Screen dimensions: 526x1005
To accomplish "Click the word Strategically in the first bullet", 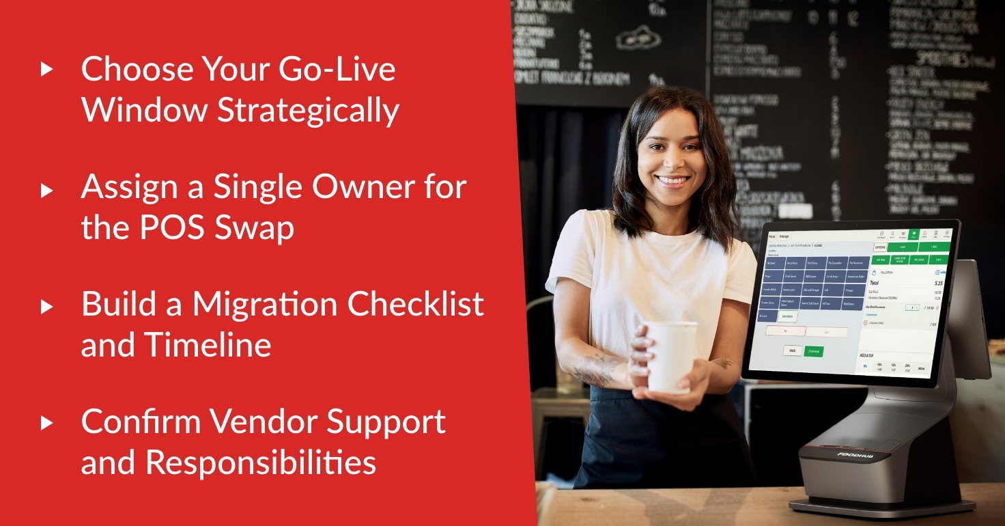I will pos(308,111).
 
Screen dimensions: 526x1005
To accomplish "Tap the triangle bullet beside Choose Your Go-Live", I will pos(46,68).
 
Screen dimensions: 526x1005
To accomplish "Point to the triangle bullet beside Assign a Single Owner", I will pos(46,189).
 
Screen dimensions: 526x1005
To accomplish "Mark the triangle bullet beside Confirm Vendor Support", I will pos(46,423).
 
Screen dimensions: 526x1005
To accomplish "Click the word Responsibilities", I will pos(260,462).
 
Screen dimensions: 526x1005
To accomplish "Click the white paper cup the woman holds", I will pos(671,355).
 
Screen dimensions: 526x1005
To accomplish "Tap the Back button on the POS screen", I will pos(792,350).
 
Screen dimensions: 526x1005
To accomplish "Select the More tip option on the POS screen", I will pos(921,369).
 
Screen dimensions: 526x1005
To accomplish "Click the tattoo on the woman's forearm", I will pos(596,369).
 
